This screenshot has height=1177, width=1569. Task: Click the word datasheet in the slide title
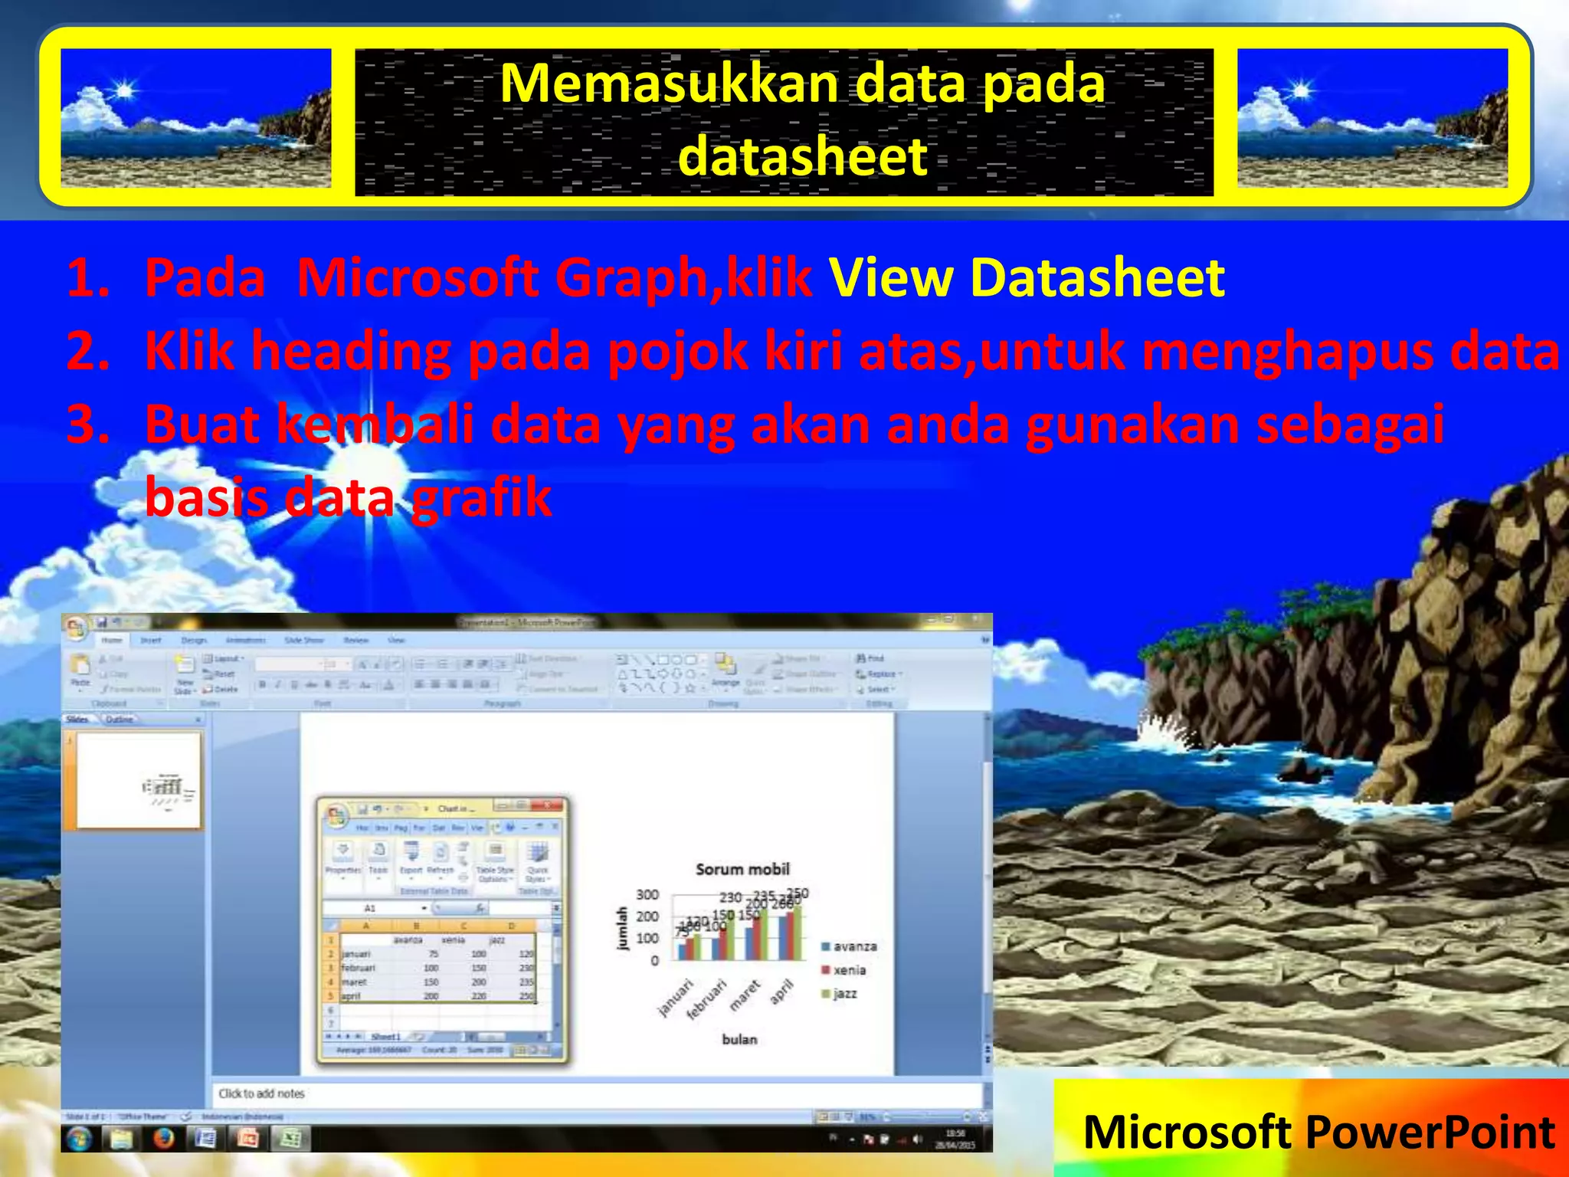pyautogui.click(x=802, y=156)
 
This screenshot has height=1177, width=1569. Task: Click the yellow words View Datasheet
pyautogui.click(x=1027, y=277)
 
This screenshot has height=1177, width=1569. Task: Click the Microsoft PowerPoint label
pyautogui.click(x=1318, y=1132)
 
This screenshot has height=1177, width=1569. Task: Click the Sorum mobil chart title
pyautogui.click(x=742, y=869)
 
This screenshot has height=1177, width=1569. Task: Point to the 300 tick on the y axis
pyautogui.click(x=647, y=894)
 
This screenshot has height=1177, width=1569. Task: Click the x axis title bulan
pyautogui.click(x=739, y=1039)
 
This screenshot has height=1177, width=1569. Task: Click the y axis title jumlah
pyautogui.click(x=622, y=928)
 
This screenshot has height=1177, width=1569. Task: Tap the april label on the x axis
pyautogui.click(x=782, y=992)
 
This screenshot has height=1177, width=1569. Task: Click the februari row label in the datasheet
pyautogui.click(x=358, y=968)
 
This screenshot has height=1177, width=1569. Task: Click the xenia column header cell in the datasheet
pyautogui.click(x=453, y=939)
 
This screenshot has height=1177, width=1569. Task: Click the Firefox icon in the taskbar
pyautogui.click(x=163, y=1139)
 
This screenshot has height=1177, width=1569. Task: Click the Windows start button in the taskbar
pyautogui.click(x=79, y=1139)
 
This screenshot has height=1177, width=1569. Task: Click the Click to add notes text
pyautogui.click(x=261, y=1093)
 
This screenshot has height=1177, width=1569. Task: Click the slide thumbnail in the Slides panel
pyautogui.click(x=139, y=780)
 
